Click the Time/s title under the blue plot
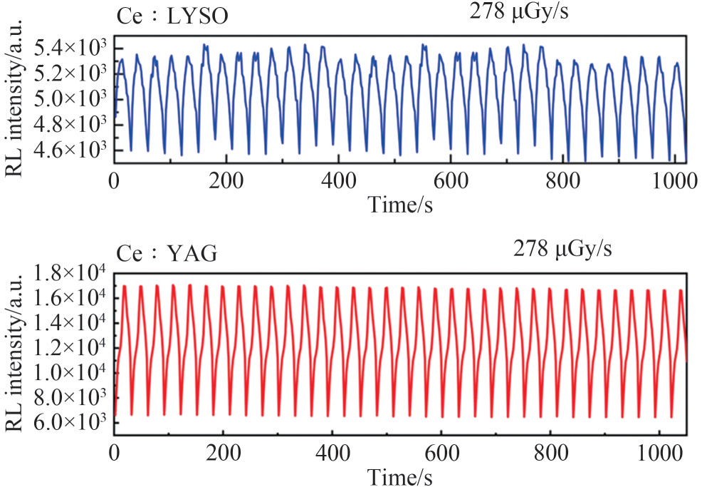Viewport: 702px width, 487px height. coord(401,204)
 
